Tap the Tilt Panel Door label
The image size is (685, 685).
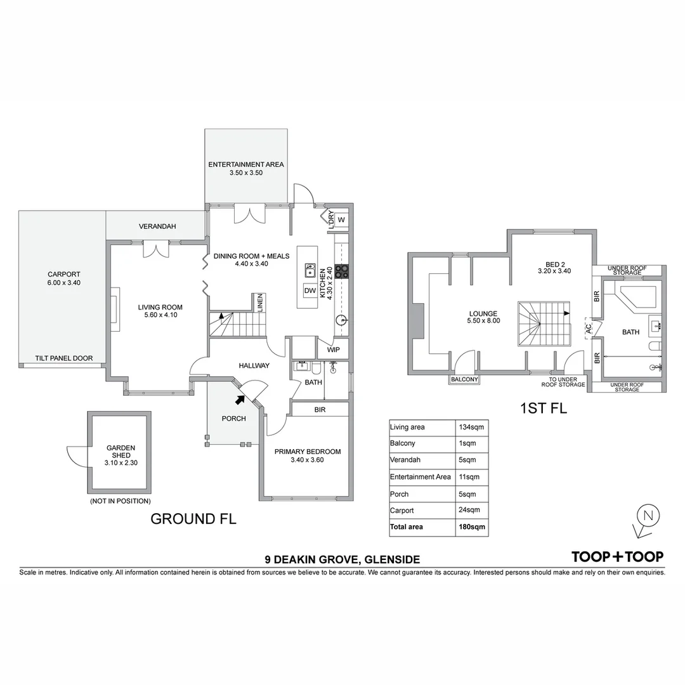click(x=64, y=358)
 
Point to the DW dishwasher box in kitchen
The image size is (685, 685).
click(x=310, y=290)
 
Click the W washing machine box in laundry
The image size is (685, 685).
click(x=341, y=219)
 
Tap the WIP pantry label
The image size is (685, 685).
click(x=334, y=349)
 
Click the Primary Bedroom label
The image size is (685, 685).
click(x=307, y=452)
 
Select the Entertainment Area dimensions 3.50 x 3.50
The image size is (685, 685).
click(x=246, y=173)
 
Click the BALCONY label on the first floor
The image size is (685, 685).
click(x=464, y=380)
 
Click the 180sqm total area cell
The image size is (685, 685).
click(x=470, y=526)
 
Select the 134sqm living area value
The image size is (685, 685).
click(x=471, y=427)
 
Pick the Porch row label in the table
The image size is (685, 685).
click(x=400, y=493)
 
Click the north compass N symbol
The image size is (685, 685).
click(x=648, y=515)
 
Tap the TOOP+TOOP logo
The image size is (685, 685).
click(x=617, y=557)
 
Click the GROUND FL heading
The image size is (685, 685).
click(x=193, y=519)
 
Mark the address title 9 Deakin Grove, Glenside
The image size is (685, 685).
click(x=342, y=559)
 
